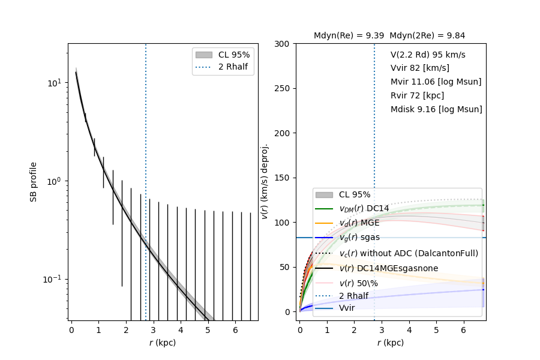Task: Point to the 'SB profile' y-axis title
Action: [x=34, y=181]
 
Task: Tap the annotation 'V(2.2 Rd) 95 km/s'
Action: [x=428, y=55]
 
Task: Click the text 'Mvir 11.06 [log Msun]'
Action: [x=436, y=82]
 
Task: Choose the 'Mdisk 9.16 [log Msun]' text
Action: [x=436, y=109]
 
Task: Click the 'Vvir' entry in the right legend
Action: [x=347, y=308]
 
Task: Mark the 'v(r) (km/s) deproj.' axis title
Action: [x=265, y=181]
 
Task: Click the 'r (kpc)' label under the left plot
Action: [x=163, y=343]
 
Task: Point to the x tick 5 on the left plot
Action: [x=208, y=330]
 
